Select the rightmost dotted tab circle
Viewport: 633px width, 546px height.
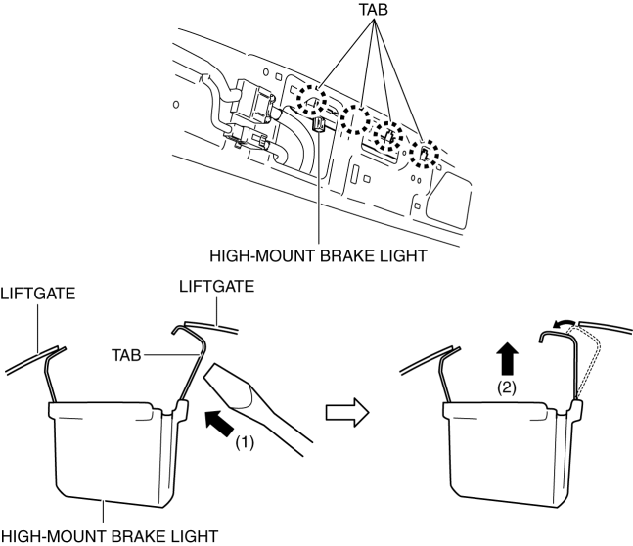point(425,154)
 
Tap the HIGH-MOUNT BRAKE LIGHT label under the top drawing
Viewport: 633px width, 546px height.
point(319,256)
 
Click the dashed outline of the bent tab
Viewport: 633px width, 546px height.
point(593,362)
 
